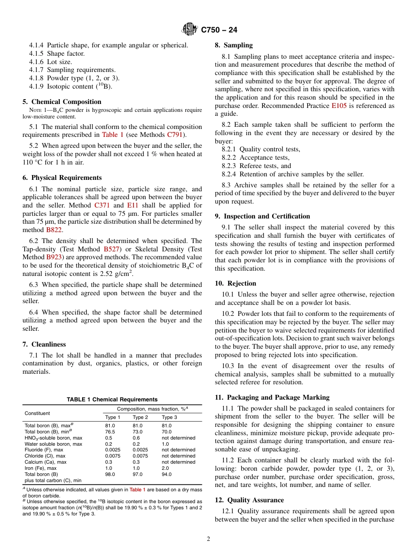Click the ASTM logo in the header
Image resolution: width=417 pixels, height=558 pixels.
[x=190, y=30]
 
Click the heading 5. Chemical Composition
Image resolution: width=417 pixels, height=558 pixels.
[x=62, y=102]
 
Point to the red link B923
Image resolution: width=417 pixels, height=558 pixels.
[x=54, y=257]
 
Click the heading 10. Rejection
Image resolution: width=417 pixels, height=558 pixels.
[x=235, y=283]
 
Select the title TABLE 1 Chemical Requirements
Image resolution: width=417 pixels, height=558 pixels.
[x=112, y=400]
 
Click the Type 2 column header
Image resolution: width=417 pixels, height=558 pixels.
[x=140, y=417]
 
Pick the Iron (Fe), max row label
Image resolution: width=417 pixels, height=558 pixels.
[x=44, y=468]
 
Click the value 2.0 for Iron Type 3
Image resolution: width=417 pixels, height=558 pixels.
[x=166, y=468]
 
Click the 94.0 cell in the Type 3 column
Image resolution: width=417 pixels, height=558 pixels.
[x=167, y=474]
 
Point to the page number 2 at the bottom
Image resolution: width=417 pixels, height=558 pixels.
[x=208, y=539]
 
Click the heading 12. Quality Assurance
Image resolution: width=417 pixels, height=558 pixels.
[x=249, y=500]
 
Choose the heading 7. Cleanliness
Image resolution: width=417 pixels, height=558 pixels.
[x=44, y=344]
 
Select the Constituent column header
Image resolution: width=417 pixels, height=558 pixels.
[x=37, y=413]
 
